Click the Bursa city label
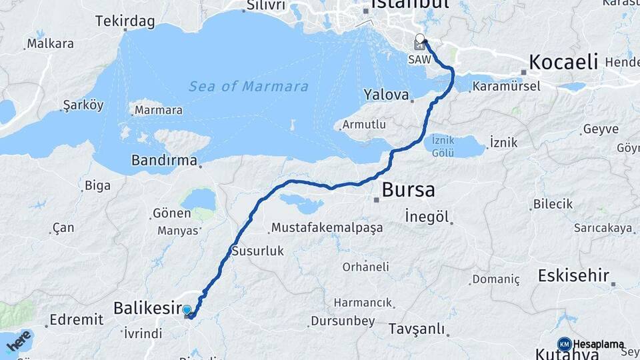tap(408, 190)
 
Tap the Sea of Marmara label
tap(248, 87)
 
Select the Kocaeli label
tap(563, 63)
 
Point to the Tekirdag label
tap(125, 21)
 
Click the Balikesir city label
tap(148, 308)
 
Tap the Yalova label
tap(386, 95)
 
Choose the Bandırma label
tap(164, 161)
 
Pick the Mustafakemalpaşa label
tap(327, 228)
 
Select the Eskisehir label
tap(574, 275)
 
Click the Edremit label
tap(77, 320)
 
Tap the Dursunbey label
tap(344, 321)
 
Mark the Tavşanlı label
tap(416, 329)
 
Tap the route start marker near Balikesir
tap(187, 310)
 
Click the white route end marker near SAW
tap(419, 39)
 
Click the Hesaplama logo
tap(591, 344)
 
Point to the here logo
tap(19, 341)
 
